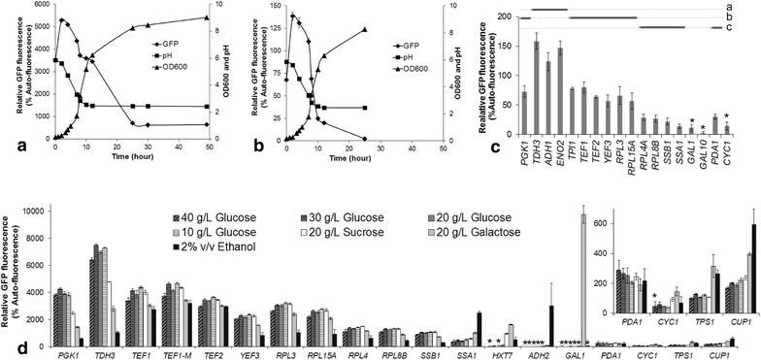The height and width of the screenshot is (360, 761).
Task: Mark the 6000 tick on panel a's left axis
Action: pyautogui.click(x=37, y=6)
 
